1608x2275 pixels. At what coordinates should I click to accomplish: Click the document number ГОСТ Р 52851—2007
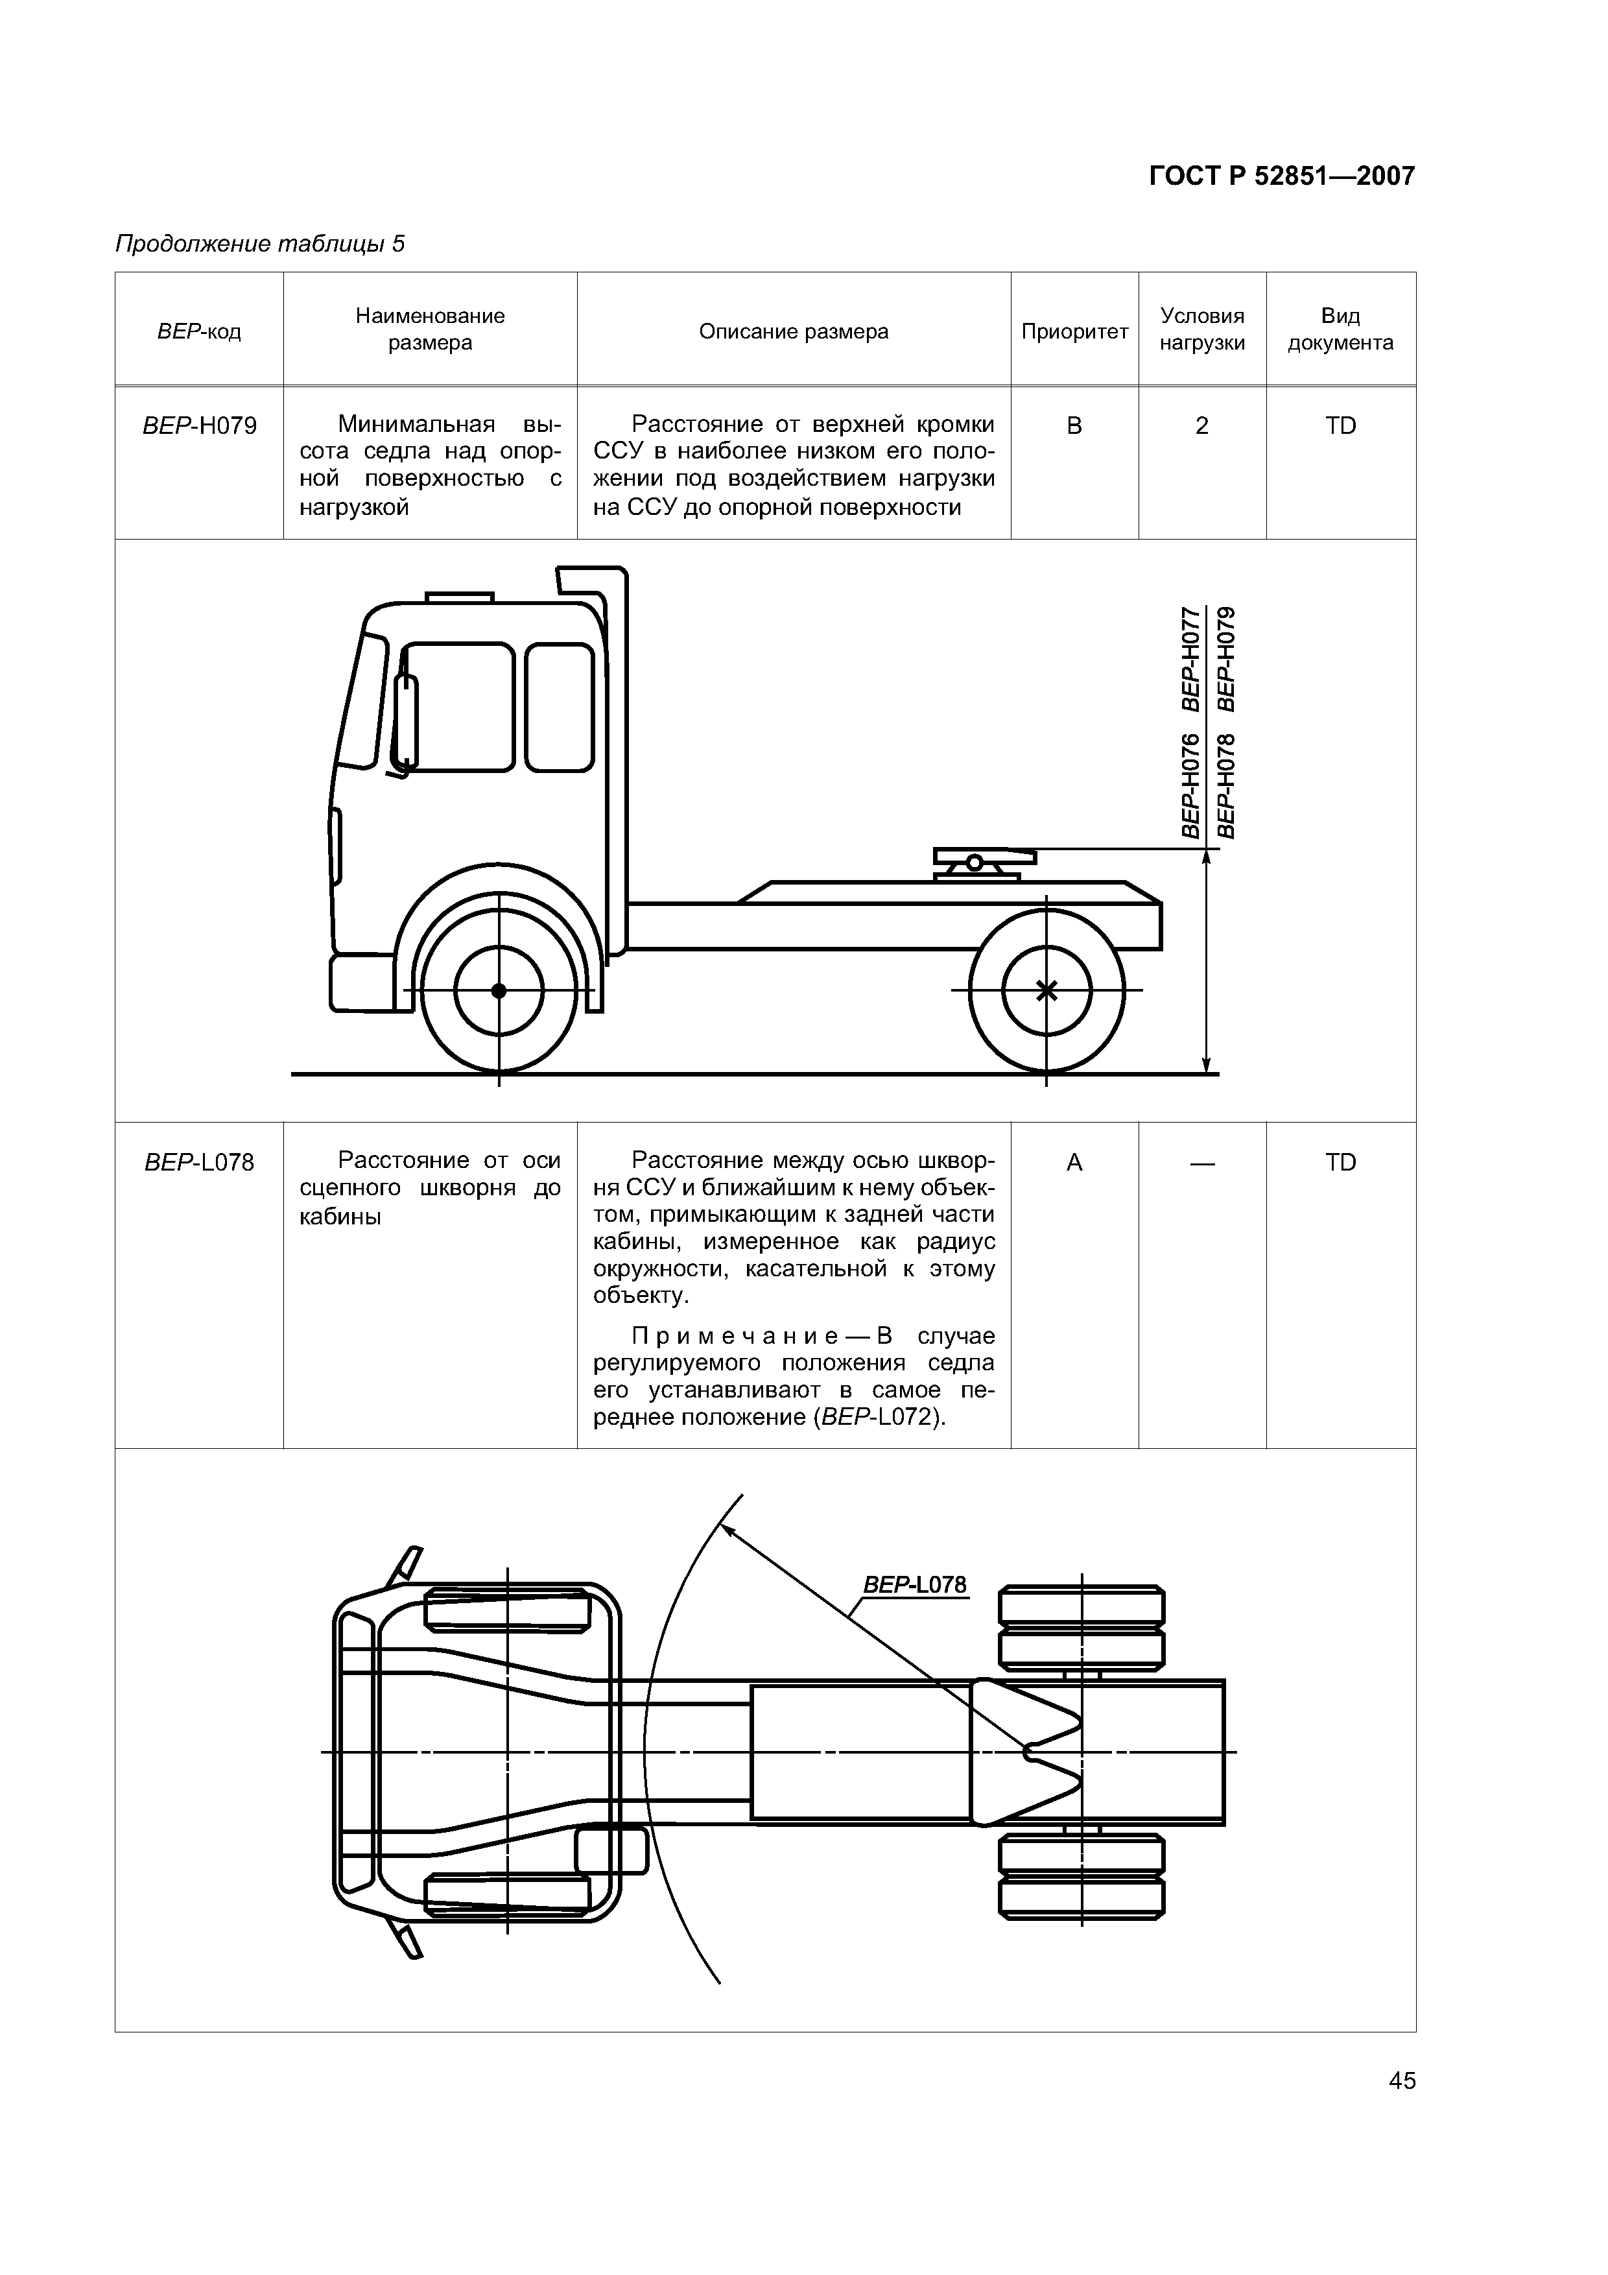[x=1281, y=176]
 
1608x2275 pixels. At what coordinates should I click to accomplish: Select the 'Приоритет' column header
[x=1074, y=331]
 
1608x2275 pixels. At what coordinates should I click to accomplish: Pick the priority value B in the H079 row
[x=1074, y=426]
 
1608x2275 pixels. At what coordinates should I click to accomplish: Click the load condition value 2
[x=1202, y=426]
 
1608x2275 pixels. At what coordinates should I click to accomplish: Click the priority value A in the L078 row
[x=1074, y=1161]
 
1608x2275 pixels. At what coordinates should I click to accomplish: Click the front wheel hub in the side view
[x=499, y=991]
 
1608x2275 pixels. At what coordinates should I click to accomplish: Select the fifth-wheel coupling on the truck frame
[x=983, y=862]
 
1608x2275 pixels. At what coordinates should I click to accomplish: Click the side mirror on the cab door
[x=405, y=721]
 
